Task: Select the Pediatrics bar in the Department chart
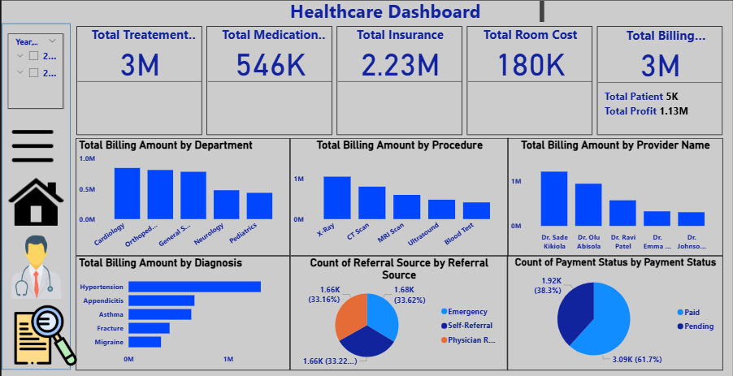pos(259,205)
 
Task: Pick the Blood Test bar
pos(476,210)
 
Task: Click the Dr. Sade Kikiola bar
pos(553,198)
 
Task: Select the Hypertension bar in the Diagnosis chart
pos(195,287)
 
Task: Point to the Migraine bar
pos(145,342)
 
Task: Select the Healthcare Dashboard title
pos(385,12)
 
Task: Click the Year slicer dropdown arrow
pos(52,41)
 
